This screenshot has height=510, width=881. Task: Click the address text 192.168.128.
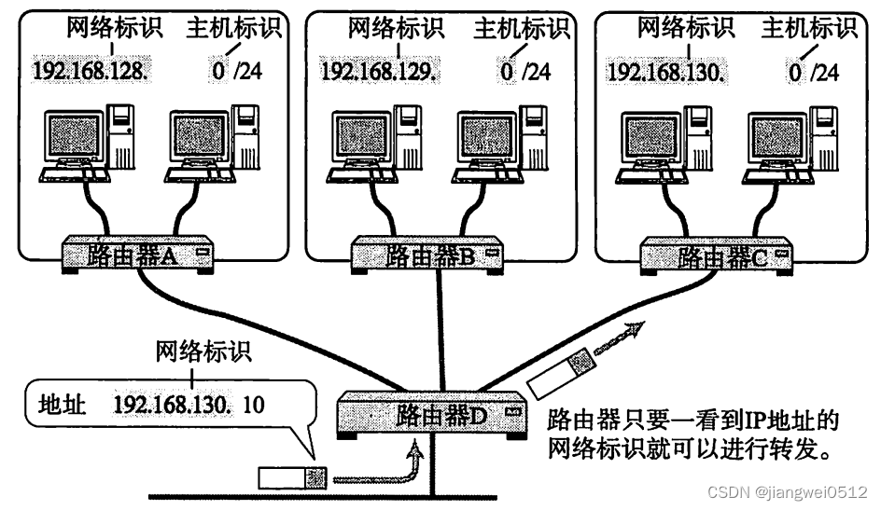tap(84, 69)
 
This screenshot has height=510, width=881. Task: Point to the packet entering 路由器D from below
tap(292, 478)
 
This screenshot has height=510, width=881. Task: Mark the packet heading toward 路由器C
tap(559, 370)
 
